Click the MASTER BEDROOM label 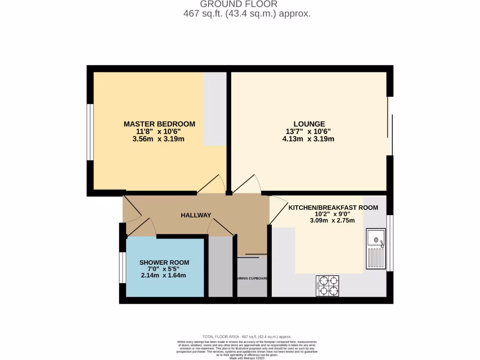(159, 124)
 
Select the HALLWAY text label (196, 215)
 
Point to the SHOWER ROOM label (164, 262)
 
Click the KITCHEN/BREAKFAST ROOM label (333, 207)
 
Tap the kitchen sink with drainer (376, 249)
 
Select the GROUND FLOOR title (245, 4)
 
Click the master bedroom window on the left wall (90, 132)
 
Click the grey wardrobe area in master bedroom (215, 109)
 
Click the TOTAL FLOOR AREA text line (247, 337)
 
